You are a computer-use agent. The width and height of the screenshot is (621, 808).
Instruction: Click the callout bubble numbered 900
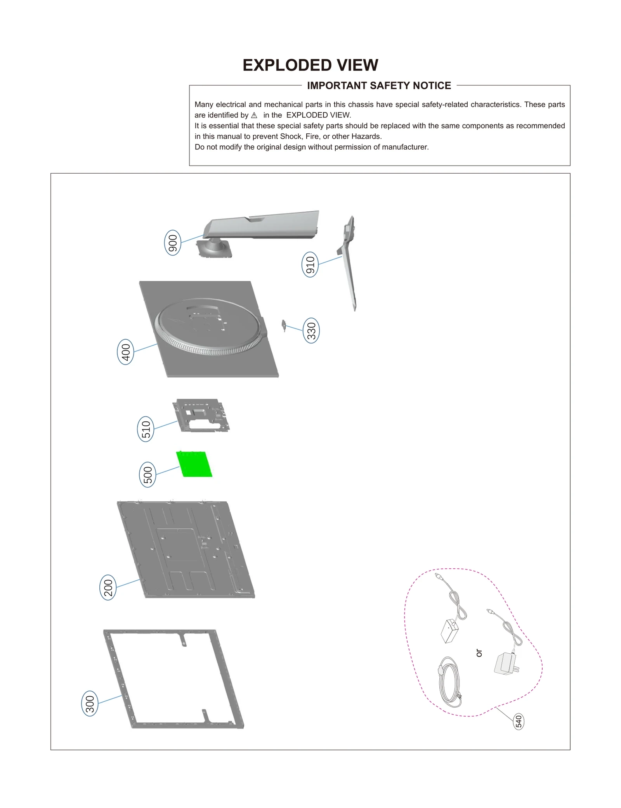click(x=173, y=243)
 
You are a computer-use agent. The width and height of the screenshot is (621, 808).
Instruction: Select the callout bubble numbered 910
click(x=310, y=264)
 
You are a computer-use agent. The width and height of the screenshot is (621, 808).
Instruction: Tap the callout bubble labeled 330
click(x=311, y=330)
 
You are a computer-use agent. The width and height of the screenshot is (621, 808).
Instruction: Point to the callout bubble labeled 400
click(x=125, y=352)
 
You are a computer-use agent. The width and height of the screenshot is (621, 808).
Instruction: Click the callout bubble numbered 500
click(x=147, y=475)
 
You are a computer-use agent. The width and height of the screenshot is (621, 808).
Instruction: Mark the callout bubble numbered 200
click(x=108, y=587)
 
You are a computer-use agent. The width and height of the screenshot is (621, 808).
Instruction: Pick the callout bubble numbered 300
click(x=90, y=703)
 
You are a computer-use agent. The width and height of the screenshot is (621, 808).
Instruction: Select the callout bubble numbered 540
click(x=519, y=722)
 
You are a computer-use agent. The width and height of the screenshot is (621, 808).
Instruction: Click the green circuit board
click(x=194, y=464)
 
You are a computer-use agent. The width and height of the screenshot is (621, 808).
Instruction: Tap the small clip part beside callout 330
click(x=284, y=325)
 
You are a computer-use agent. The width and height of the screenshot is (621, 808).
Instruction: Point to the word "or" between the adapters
click(x=479, y=653)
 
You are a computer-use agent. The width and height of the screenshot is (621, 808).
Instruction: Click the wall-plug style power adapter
click(x=505, y=664)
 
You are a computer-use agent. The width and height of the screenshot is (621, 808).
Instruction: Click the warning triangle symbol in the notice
click(x=254, y=116)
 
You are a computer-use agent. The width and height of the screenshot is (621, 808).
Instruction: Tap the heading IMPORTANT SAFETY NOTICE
click(x=379, y=86)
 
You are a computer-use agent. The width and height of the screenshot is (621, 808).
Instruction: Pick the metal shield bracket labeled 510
click(x=201, y=416)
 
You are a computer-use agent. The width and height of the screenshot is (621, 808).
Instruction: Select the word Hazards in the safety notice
click(x=366, y=136)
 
